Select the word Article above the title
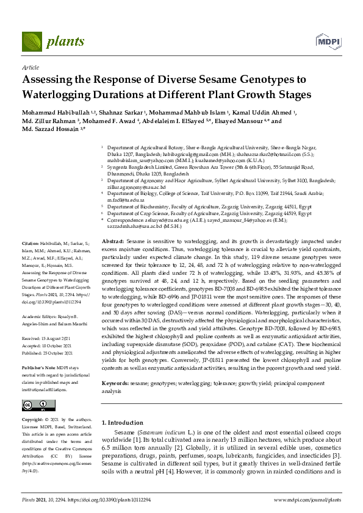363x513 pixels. click(x=30, y=68)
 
